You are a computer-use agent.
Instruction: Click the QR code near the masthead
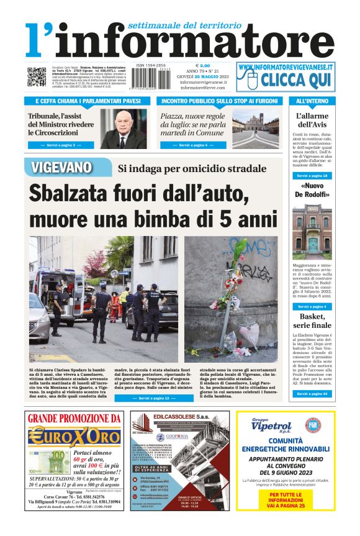36,76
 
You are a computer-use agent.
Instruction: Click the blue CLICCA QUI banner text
295,79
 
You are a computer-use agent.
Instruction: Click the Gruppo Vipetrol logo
271,426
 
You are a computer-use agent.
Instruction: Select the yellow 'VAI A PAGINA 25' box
286,501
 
